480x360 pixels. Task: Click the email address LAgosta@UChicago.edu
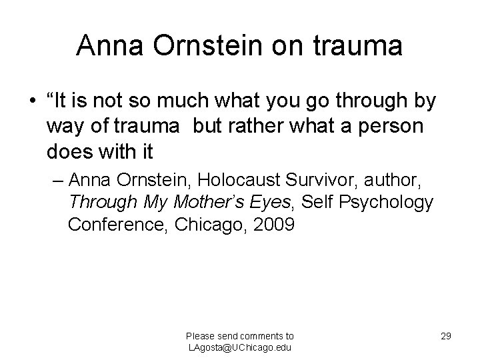240,347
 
